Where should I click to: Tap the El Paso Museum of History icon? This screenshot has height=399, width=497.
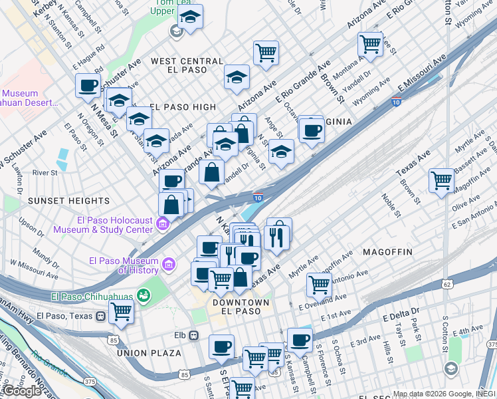point(169,265)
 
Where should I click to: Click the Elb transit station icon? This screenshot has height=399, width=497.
point(193,335)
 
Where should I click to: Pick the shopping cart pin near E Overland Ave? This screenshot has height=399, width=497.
point(319,285)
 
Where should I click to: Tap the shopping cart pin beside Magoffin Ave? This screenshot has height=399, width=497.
point(441,180)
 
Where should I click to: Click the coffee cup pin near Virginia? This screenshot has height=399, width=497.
point(311,130)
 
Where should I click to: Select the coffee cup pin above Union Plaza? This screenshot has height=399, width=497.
point(221,346)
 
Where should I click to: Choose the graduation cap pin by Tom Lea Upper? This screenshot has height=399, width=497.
point(191,18)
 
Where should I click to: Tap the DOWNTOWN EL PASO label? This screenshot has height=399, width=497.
point(231,307)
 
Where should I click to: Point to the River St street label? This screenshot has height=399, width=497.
point(45,172)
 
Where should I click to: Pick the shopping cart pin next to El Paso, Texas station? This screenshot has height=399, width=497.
point(121,311)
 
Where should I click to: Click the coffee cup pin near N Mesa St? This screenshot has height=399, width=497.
point(88,84)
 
